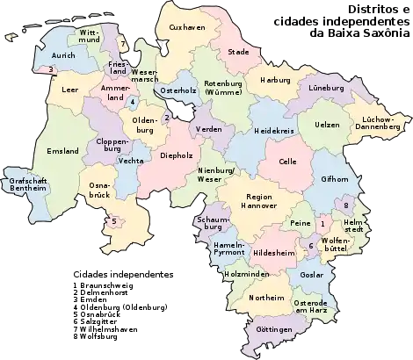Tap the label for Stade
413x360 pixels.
coord(239,52)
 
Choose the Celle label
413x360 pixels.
coord(287,162)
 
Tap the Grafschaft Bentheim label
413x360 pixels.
coord(24,185)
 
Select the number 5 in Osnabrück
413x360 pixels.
coord(113,221)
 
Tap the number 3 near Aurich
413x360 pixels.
coord(52,69)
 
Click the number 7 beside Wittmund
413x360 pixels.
coord(123,43)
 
